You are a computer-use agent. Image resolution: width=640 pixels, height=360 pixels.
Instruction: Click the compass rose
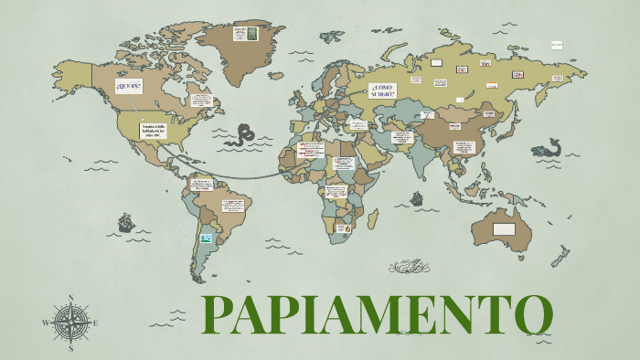point(70,322)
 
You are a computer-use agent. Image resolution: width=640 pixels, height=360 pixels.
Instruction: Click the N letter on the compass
point(70,298)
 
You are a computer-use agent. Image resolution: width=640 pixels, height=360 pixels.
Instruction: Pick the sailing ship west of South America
point(125,222)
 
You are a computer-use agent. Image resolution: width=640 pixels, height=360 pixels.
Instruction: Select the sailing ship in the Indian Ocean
point(417,197)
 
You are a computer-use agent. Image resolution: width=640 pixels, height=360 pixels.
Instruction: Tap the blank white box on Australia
point(504,228)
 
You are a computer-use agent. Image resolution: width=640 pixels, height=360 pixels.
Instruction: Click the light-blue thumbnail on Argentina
point(207,238)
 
